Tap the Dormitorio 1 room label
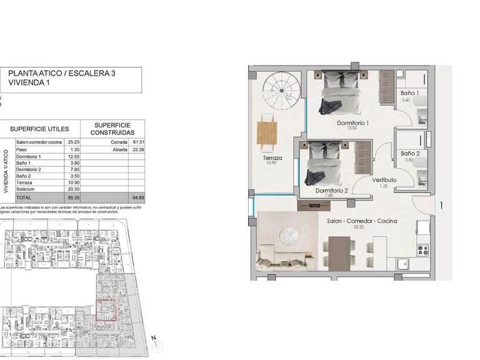(x=352, y=123)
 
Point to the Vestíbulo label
(x=385, y=180)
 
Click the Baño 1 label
(x=410, y=92)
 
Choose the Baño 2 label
(x=410, y=153)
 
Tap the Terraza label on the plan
(x=272, y=158)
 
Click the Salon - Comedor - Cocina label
(x=359, y=221)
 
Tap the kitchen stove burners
(x=422, y=249)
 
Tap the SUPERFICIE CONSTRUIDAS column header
(x=112, y=129)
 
